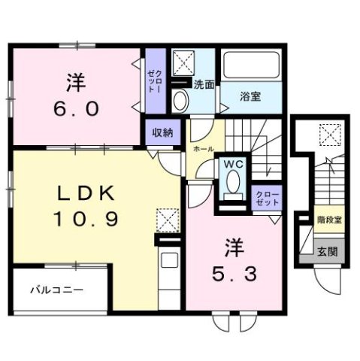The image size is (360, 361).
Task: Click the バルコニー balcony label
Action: point(57,290)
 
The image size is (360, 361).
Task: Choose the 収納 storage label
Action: point(163,133)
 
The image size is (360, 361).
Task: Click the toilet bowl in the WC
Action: point(232,183)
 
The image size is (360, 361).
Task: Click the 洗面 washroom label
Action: point(204,84)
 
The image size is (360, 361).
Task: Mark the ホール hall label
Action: point(203,150)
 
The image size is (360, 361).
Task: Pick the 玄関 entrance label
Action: point(326,252)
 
